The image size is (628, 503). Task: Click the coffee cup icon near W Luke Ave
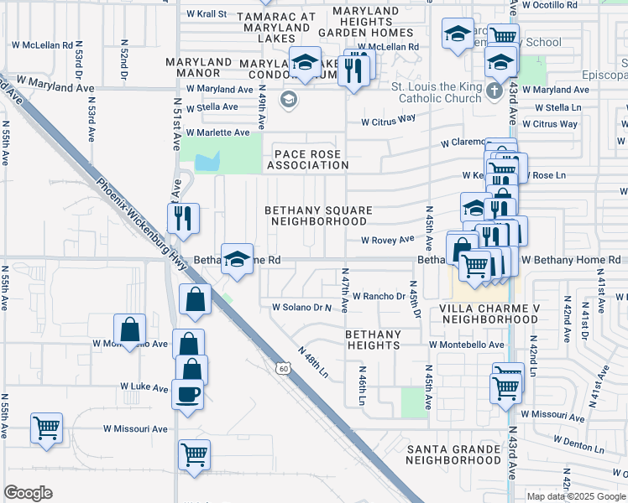coord(186,392)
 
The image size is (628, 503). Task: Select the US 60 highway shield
coord(286,367)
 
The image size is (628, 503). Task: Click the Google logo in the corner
coord(28,493)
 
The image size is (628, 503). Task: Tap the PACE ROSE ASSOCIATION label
coord(307,159)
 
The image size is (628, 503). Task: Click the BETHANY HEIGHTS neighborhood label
coord(374,340)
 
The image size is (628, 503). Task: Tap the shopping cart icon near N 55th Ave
coord(46,428)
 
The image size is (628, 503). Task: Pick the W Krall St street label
coord(207,14)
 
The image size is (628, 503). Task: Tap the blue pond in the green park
coord(208,161)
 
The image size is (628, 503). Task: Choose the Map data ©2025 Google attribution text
coord(576,496)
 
